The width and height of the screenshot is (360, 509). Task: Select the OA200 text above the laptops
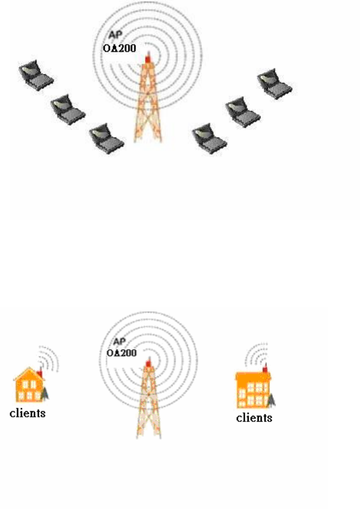tap(115, 48)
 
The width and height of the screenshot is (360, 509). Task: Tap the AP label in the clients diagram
tap(119, 342)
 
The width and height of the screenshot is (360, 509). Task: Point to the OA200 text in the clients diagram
tap(122, 353)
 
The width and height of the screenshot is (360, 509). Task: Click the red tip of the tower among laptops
tap(148, 58)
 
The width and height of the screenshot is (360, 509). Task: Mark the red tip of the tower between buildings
tap(148, 362)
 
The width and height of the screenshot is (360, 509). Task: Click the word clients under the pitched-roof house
tap(28, 413)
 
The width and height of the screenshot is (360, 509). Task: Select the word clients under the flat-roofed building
tap(254, 418)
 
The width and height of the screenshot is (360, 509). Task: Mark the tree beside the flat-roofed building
tap(273, 400)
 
